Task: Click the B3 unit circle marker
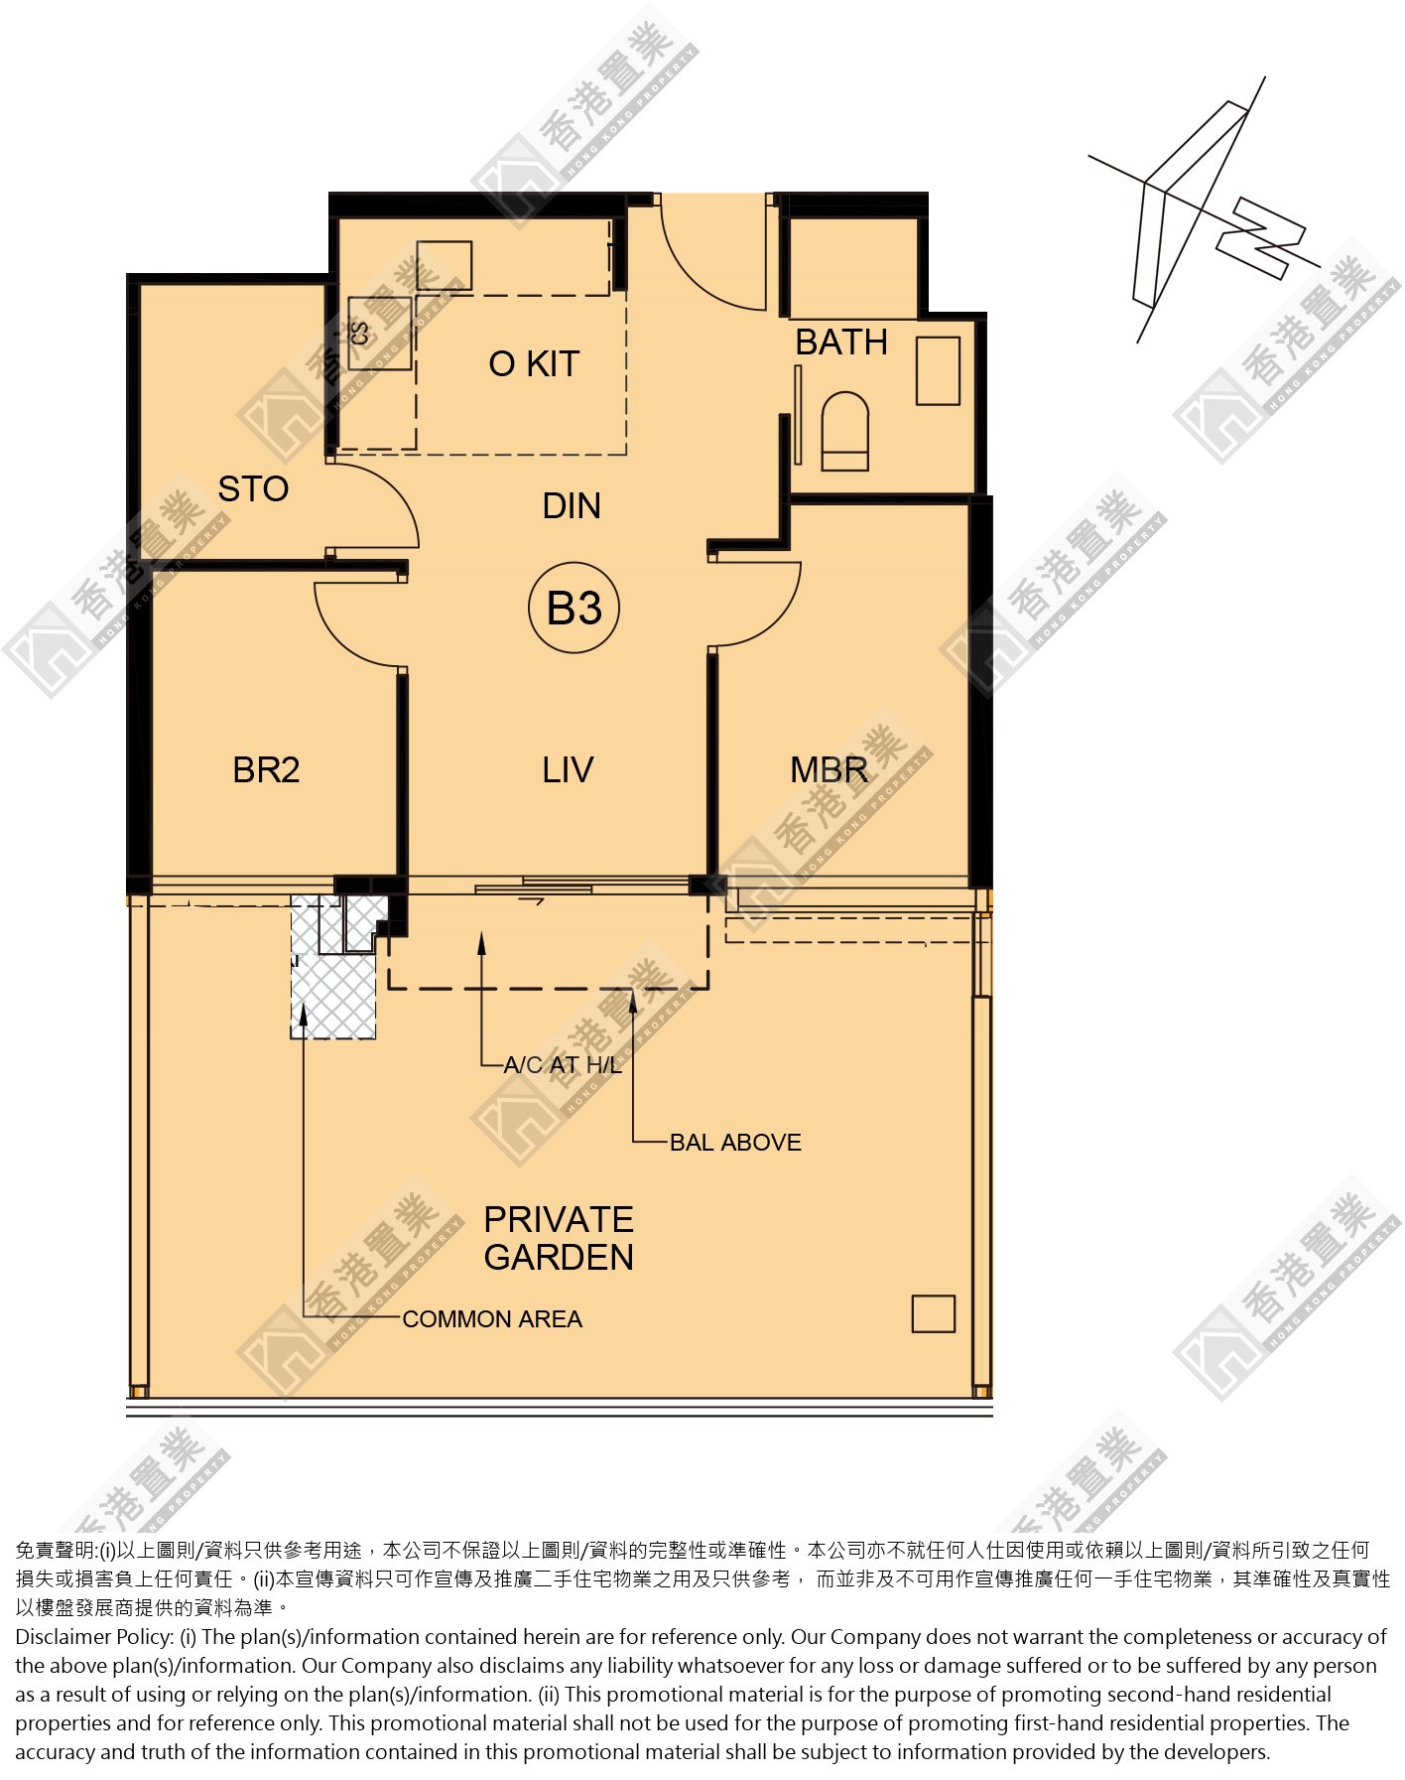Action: [x=574, y=608]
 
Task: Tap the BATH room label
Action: [x=841, y=342]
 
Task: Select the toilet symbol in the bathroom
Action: [x=845, y=431]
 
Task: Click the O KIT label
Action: [x=534, y=364]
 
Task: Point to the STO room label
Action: [x=253, y=488]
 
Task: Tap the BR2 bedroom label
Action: [x=266, y=769]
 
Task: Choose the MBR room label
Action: [x=829, y=769]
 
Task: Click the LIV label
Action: [x=568, y=769]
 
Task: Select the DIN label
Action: [x=572, y=506]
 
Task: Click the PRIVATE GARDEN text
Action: [x=559, y=1238]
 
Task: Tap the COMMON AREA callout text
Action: [x=492, y=1318]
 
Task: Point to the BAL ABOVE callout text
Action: [x=735, y=1142]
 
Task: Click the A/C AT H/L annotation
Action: [x=563, y=1065]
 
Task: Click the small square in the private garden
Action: [x=933, y=1313]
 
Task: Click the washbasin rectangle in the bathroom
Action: [x=938, y=370]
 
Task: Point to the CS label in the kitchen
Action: [x=359, y=334]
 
